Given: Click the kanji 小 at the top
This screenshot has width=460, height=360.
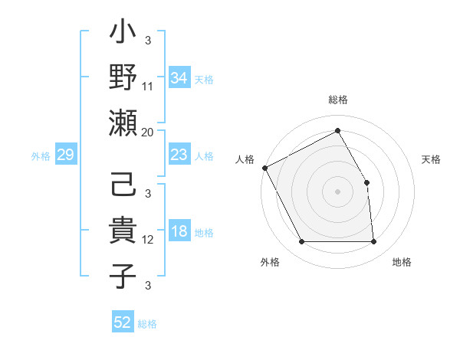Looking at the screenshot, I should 123,35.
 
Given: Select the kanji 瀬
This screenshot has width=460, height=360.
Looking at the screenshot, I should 123,123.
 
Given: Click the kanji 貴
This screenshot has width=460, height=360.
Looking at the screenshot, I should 123,231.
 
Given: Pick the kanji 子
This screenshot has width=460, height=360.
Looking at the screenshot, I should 123,275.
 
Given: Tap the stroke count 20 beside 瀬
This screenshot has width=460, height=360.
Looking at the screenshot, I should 148,132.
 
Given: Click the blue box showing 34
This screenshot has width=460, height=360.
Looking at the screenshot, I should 179,78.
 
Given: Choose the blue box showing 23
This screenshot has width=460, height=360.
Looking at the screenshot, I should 179,155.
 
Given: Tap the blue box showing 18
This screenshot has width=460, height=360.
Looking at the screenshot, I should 179,232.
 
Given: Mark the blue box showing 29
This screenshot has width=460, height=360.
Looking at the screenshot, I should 65,155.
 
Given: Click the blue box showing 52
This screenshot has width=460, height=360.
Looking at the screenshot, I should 123,322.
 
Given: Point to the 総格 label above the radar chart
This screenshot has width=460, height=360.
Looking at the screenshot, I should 338,100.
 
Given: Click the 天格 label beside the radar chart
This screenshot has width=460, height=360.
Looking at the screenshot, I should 432,159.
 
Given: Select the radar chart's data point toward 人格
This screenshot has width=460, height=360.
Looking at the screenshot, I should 264,168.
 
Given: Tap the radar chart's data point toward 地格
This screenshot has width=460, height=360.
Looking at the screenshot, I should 373,242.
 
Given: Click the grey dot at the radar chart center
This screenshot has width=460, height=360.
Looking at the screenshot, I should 337,191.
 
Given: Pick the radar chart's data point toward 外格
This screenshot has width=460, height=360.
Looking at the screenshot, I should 301,242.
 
